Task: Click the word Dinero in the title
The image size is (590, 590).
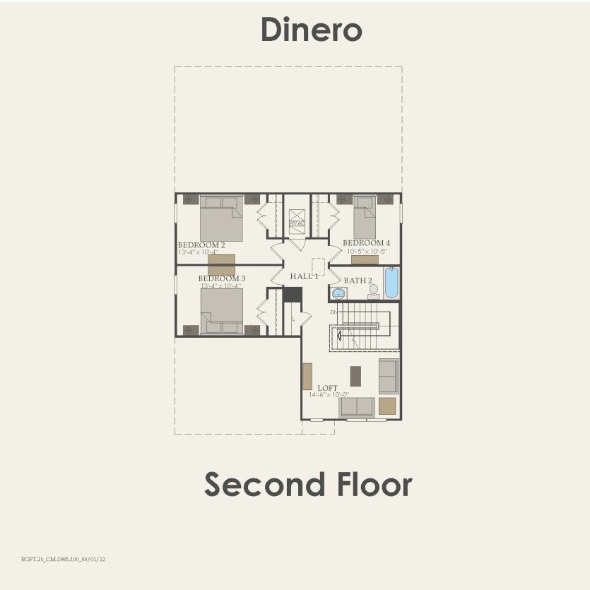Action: click(311, 30)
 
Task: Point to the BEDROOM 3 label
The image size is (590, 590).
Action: click(221, 278)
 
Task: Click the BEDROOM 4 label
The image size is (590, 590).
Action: click(366, 243)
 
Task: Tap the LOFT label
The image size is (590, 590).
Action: click(327, 388)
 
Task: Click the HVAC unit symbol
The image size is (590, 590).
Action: click(297, 219)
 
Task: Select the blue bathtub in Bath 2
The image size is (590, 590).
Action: click(391, 283)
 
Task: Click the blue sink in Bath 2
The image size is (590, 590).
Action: click(338, 293)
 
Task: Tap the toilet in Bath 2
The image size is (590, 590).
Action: click(373, 291)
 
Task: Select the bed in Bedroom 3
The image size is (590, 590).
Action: click(222, 311)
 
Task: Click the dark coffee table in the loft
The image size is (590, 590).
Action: click(355, 375)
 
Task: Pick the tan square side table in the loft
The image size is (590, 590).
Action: click(387, 406)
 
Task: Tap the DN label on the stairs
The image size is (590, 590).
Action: click(334, 312)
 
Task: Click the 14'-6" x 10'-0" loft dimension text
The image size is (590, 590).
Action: click(329, 395)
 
